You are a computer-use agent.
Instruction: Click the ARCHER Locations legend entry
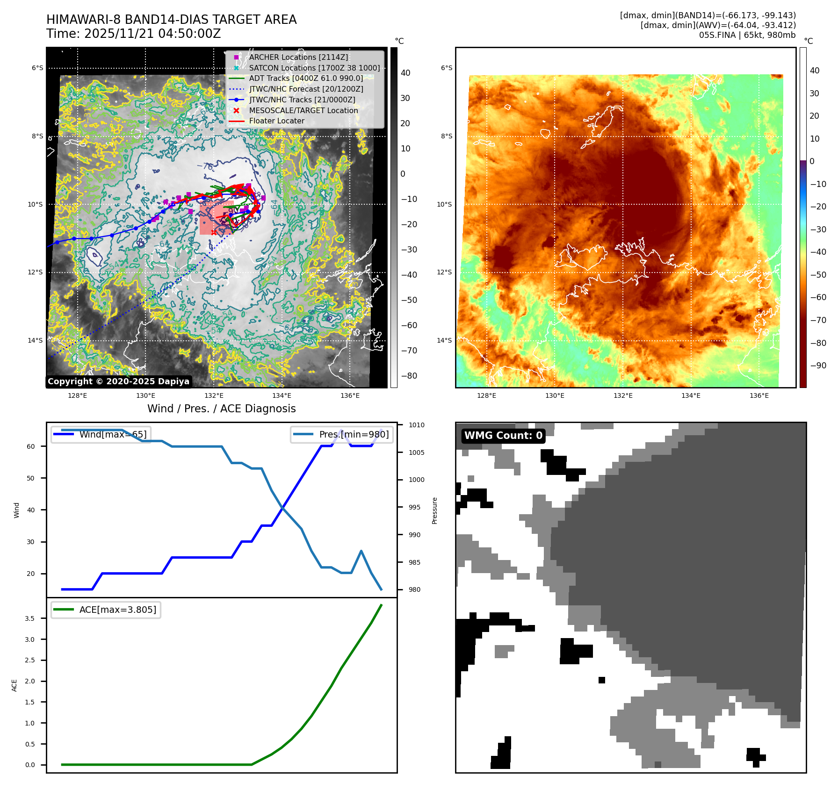[298, 57]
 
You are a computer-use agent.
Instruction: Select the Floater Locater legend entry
[276, 121]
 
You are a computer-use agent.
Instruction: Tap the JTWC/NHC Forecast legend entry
[306, 89]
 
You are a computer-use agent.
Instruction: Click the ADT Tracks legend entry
[306, 78]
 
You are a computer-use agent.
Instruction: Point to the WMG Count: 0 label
[503, 436]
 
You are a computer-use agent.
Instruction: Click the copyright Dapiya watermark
[118, 381]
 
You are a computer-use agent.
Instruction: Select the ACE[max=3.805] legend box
[106, 610]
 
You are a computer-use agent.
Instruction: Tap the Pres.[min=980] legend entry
[342, 434]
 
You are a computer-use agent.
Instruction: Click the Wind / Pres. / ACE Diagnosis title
[221, 409]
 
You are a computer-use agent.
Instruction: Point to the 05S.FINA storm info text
[747, 35]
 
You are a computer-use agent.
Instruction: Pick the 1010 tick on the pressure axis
[416, 425]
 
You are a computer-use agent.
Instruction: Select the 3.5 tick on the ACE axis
[29, 618]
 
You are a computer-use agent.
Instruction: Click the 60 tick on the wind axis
[31, 446]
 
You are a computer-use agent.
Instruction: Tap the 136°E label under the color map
[759, 395]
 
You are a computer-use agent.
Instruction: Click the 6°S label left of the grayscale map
[37, 68]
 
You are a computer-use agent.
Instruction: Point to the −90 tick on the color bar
[818, 366]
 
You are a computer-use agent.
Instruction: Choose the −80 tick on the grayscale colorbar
[409, 376]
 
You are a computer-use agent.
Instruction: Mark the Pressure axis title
[434, 510]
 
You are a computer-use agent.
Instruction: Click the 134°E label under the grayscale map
[282, 395]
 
